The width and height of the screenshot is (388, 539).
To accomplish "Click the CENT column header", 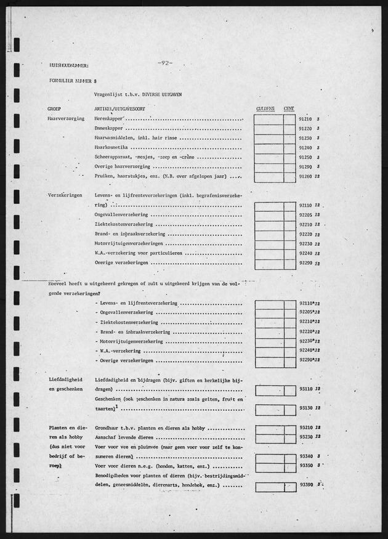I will point(289,108).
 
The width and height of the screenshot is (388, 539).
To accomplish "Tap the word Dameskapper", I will point(108,129).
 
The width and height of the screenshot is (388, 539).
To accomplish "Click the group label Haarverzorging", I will point(65,118).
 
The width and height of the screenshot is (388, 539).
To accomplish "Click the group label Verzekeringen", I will point(65,195).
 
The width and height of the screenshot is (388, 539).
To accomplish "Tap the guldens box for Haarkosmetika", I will point(269,148).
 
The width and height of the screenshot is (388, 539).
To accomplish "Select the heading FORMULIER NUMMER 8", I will point(73,81).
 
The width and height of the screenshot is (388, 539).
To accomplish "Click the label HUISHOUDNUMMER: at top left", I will point(68,64).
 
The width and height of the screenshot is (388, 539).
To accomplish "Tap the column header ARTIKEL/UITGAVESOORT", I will point(121,108).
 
